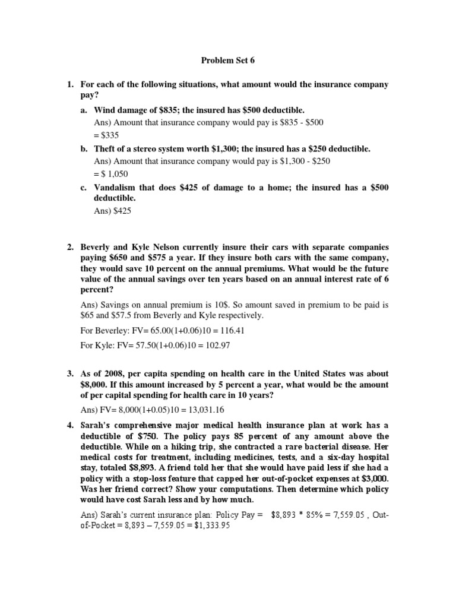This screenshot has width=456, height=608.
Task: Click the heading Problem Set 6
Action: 228,61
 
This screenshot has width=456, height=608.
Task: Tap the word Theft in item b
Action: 106,149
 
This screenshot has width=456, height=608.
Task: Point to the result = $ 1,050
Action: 111,175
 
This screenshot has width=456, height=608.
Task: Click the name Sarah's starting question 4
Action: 96,425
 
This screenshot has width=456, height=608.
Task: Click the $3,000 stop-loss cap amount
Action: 374,479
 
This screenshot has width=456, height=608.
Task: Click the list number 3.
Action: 69,374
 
